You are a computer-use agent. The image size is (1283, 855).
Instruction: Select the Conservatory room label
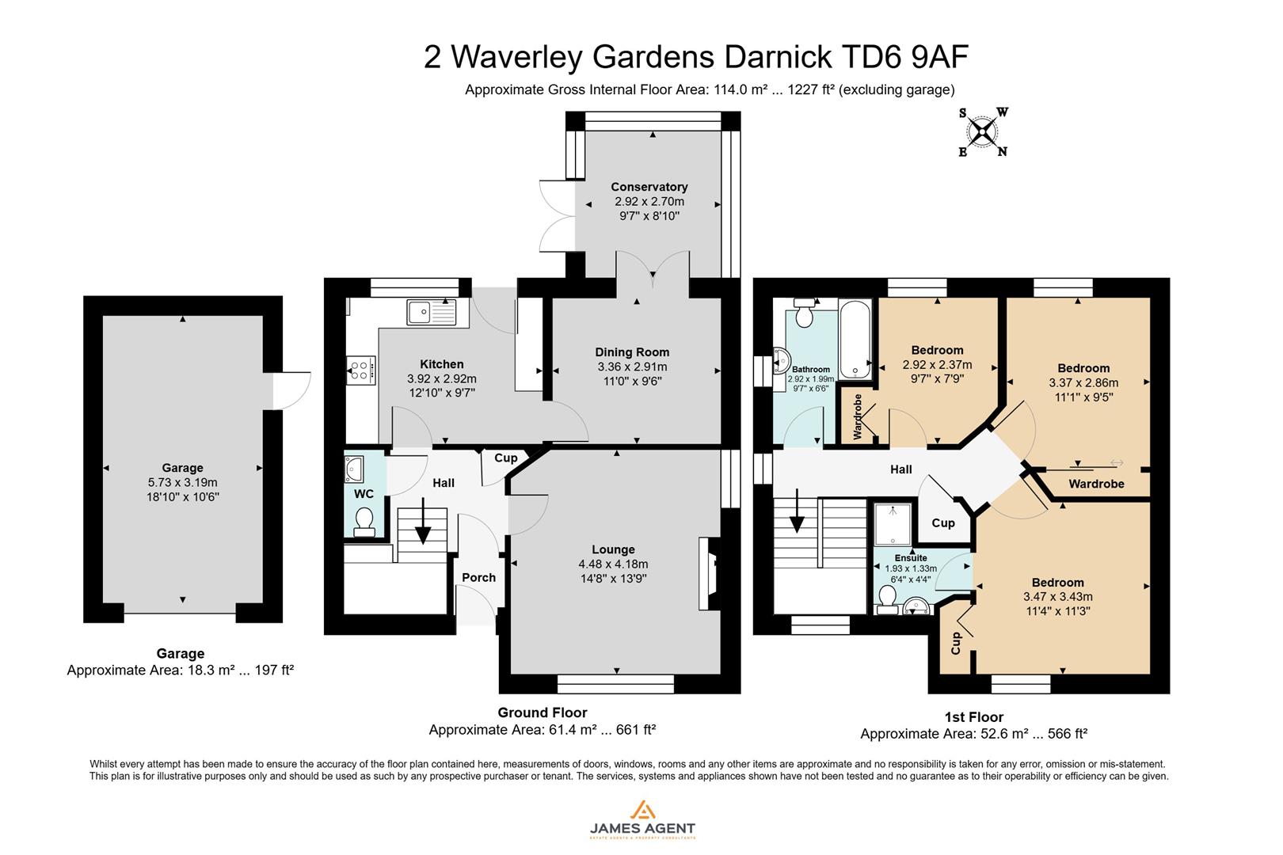coord(649,187)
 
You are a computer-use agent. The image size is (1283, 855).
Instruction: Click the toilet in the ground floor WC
coord(364,522)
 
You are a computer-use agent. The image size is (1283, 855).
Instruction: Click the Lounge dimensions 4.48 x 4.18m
coord(613,564)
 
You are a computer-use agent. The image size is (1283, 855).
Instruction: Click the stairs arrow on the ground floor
coord(423,522)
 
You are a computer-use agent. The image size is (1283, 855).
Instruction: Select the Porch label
coord(478,577)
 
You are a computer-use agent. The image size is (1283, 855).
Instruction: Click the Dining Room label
coord(632,352)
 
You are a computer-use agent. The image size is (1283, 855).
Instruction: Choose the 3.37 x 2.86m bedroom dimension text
coord(1083,383)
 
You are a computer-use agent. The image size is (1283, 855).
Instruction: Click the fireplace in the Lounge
coord(708,573)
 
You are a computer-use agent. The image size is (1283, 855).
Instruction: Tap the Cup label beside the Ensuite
coord(942,523)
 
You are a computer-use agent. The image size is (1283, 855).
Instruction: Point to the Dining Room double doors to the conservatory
coord(653,269)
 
